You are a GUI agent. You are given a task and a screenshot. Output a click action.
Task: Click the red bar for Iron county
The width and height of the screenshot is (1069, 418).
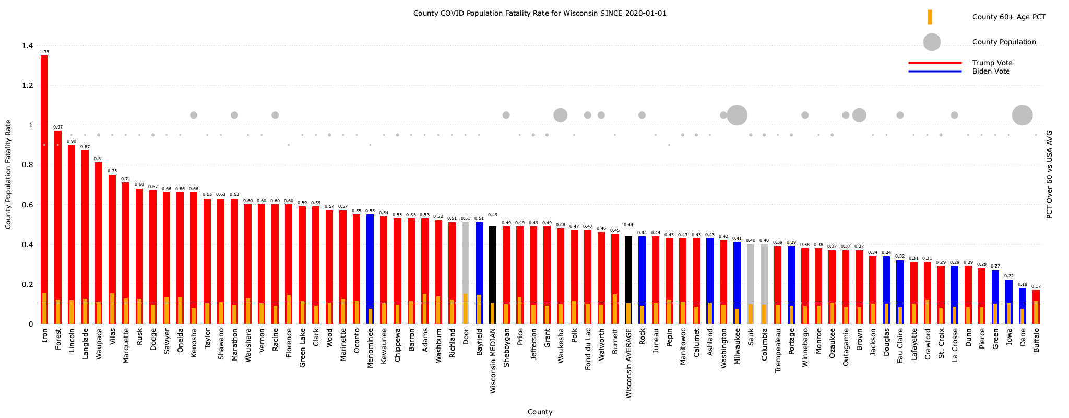click(44, 172)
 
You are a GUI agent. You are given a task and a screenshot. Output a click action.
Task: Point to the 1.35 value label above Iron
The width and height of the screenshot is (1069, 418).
click(44, 52)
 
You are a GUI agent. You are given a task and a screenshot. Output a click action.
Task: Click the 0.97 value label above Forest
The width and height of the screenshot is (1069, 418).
click(58, 127)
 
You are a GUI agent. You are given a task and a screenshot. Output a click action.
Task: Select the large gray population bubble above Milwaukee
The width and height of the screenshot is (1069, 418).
click(737, 115)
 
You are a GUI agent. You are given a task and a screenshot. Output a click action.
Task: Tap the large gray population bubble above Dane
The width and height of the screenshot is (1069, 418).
click(1022, 115)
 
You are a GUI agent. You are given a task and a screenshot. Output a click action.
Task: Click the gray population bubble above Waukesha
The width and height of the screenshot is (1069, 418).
click(560, 115)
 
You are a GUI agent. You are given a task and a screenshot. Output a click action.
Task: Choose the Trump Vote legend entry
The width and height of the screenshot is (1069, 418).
click(992, 63)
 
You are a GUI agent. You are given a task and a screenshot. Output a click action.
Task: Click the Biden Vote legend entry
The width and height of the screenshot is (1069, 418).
click(991, 71)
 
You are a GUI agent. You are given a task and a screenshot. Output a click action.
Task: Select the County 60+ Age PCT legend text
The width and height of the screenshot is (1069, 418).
click(1008, 17)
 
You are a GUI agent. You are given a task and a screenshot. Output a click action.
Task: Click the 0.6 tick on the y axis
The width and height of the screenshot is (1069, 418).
click(27, 205)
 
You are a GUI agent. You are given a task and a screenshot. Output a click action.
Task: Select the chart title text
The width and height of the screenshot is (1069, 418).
click(540, 13)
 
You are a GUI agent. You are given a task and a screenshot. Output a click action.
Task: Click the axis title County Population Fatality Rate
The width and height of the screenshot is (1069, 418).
click(8, 174)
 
